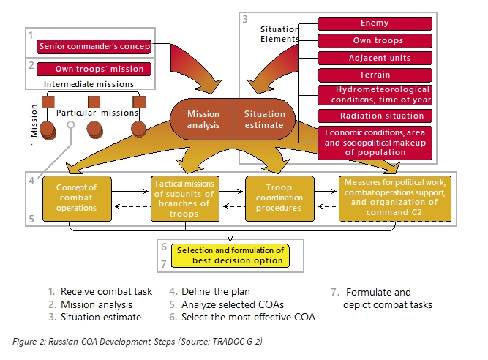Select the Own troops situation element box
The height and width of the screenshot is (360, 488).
point(374,40)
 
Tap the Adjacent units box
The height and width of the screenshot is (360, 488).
point(374,58)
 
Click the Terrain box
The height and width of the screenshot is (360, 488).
point(374,75)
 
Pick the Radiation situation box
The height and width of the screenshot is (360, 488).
point(374,116)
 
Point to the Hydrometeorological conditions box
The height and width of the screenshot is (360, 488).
point(374,95)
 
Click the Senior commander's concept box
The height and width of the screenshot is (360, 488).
point(94,48)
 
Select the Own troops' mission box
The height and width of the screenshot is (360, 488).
point(100,70)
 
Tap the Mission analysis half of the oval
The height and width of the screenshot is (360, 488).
point(203,120)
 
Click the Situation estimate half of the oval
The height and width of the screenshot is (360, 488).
point(264,120)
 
